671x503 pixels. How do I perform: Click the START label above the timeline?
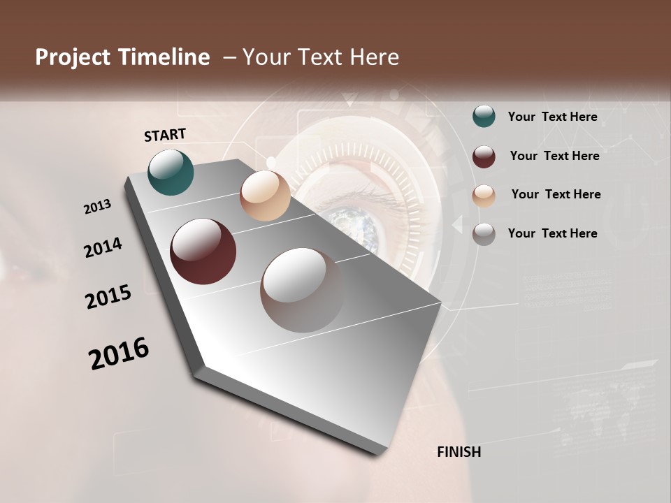coord(165,135)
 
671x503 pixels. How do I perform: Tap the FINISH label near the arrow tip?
coord(459,452)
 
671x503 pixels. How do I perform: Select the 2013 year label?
coord(98,207)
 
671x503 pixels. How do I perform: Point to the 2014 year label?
coord(103,247)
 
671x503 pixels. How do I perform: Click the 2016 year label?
coord(119,353)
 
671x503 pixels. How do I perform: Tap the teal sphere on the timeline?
coord(171,173)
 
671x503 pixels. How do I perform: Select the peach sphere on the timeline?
coord(265,196)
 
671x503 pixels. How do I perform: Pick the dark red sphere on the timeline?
coord(203,251)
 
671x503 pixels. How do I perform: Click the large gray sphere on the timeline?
coord(302,290)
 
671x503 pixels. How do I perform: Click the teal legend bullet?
coord(484,117)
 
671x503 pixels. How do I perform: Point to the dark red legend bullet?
coord(484,156)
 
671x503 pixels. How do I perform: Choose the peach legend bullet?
coord(484,196)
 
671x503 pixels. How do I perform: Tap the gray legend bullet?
coord(484,234)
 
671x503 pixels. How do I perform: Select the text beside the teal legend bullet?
coord(552,117)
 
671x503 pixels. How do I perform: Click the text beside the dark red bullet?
coord(554,156)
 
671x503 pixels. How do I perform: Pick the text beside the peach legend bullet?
coord(556,194)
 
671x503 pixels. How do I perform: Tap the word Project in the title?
coord(71,57)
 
